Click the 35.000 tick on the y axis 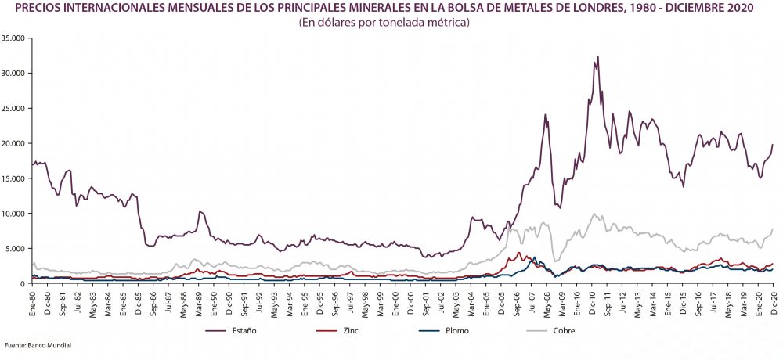click(14, 38)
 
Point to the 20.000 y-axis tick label click(14, 143)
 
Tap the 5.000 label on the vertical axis click(16, 249)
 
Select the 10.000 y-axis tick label click(14, 214)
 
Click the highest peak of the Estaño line click(597, 56)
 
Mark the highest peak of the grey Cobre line click(595, 214)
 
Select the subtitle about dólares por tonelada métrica click(383, 23)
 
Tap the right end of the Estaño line click(773, 144)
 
